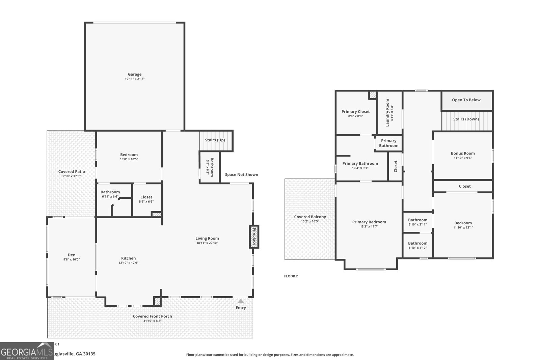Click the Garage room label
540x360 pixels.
point(134,74)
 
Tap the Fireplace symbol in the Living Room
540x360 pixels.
point(254,237)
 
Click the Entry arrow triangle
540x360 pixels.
point(241,301)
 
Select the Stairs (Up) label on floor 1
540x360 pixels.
point(215,140)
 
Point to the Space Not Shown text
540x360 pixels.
point(241,174)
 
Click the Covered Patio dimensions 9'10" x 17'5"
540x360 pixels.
point(71,176)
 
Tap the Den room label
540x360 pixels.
point(72,255)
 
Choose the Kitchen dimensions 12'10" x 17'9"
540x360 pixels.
point(128,263)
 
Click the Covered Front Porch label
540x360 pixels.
point(152,316)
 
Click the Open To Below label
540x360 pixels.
point(466,100)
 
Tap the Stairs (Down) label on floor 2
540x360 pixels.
point(466,119)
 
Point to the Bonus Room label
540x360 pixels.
point(463,153)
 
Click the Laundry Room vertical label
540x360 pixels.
point(387,112)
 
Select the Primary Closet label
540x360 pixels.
point(355,111)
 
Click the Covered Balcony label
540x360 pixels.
point(310,217)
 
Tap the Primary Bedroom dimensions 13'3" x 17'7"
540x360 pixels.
point(369,227)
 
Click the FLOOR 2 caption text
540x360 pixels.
point(291,276)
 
